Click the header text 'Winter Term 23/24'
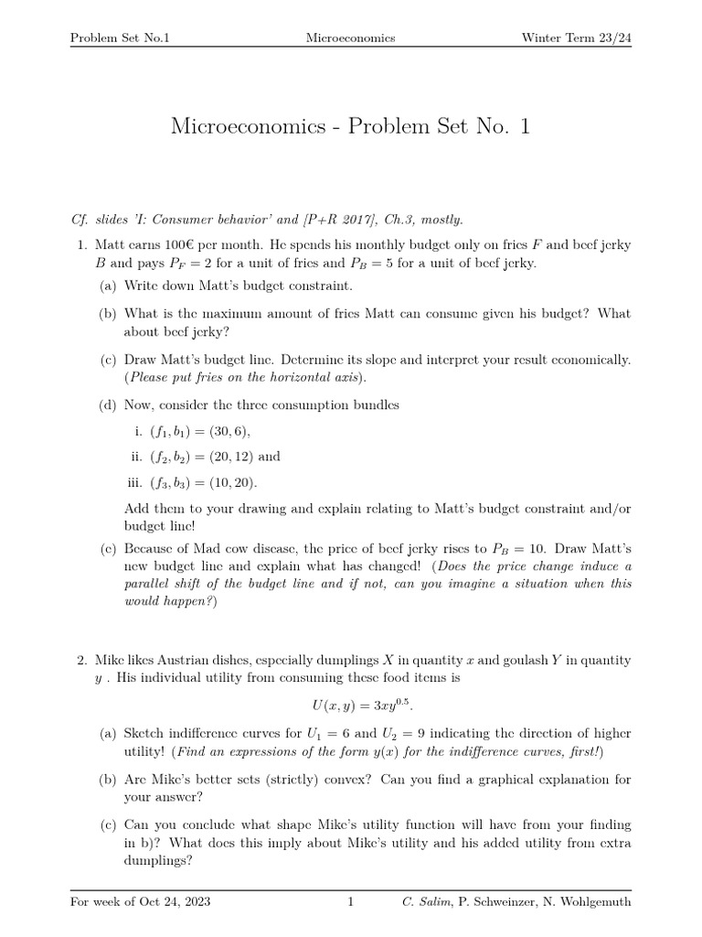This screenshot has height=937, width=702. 575,38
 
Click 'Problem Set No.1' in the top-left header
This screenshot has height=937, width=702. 122,38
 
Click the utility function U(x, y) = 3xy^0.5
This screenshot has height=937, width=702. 351,705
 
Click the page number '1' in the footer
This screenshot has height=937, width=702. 350,902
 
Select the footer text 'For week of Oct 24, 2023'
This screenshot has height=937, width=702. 141,902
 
